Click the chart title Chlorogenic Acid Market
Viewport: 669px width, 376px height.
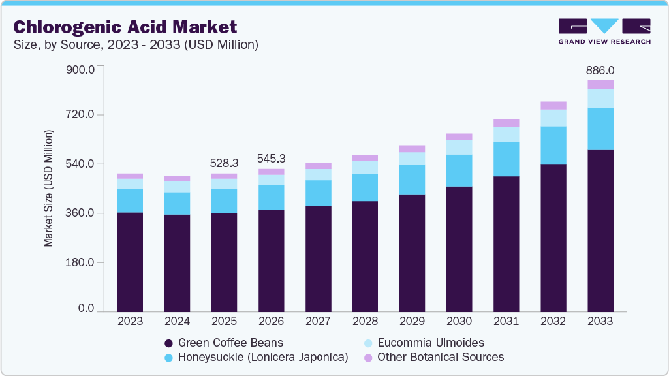pos(125,27)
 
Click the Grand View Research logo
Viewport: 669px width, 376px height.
pos(604,31)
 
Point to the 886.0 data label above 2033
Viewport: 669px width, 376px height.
pos(600,70)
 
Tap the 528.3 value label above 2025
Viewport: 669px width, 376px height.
pos(224,163)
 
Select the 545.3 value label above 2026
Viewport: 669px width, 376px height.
pos(271,158)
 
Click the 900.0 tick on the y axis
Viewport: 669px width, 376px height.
pos(82,69)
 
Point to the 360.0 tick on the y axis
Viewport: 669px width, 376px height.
pos(82,213)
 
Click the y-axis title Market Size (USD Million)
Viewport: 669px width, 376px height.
pos(48,188)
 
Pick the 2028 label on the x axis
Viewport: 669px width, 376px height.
pos(365,322)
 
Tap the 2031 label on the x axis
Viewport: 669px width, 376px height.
pos(506,322)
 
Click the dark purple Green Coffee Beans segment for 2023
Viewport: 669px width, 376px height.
pos(130,262)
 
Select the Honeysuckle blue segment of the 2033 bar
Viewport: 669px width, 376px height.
pos(600,129)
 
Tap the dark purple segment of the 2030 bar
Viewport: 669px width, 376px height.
pos(459,249)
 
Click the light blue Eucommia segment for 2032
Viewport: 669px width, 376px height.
pos(553,117)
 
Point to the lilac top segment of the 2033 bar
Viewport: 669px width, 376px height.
pos(600,85)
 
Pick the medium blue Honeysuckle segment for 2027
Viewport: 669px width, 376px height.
pos(318,193)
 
